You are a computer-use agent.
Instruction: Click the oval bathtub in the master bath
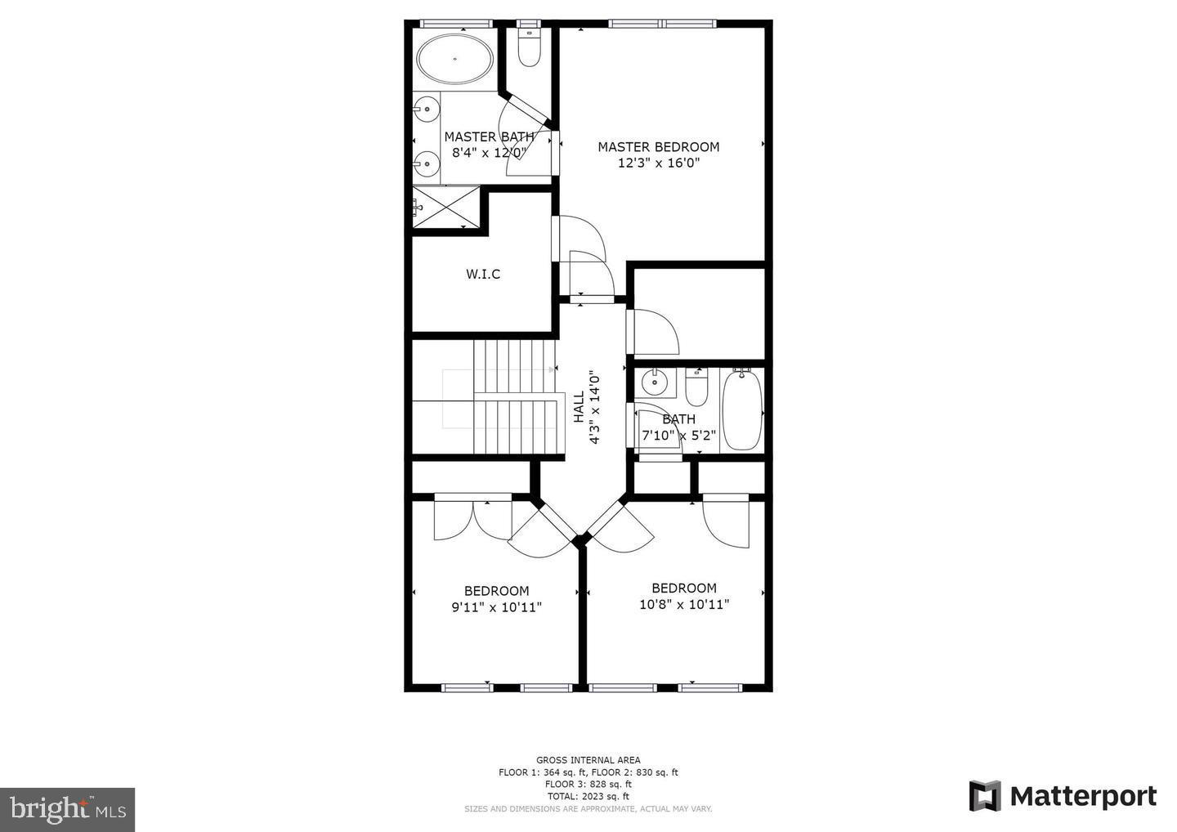point(455,59)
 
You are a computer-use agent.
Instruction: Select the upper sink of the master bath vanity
point(425,108)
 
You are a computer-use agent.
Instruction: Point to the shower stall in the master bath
point(446,207)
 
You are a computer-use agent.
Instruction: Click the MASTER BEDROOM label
point(658,147)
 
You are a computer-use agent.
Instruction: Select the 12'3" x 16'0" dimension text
point(659,163)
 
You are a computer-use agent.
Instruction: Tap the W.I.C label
point(483,274)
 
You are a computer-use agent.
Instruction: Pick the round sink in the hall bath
point(653,381)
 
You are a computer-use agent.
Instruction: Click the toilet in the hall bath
point(696,388)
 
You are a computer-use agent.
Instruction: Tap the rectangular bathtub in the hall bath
point(742,409)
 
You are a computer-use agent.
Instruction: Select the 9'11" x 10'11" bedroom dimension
point(496,607)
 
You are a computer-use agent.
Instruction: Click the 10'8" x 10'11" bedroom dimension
point(684,605)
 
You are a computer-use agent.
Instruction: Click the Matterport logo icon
point(985,796)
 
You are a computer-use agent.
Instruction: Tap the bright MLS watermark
point(67,809)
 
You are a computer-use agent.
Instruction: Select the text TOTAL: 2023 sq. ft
point(588,796)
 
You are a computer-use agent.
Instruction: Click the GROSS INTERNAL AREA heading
point(588,760)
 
